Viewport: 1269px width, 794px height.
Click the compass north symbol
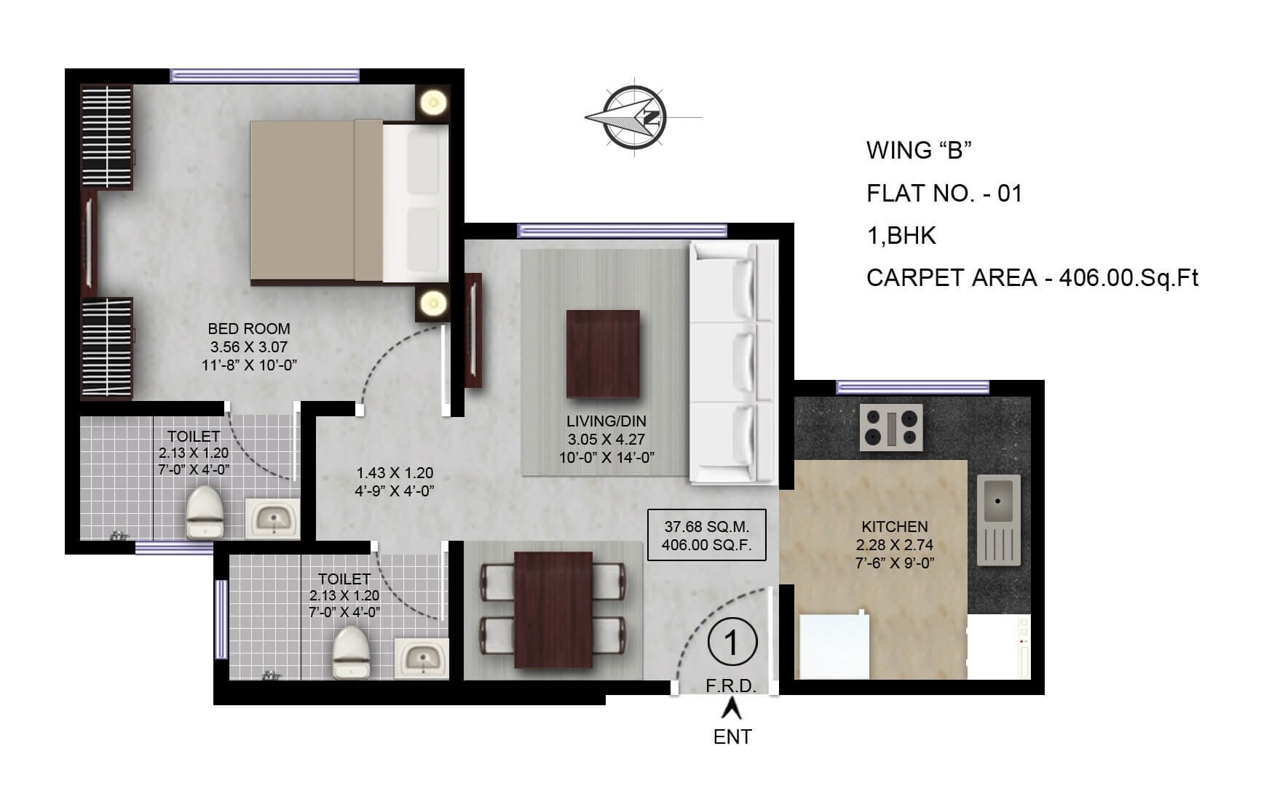[636, 117]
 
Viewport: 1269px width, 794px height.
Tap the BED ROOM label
[248, 329]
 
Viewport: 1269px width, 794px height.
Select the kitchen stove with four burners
[891, 427]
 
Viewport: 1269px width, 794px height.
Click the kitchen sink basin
[999, 501]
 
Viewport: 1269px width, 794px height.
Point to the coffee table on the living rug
[603, 354]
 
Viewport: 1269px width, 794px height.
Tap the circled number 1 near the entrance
[732, 643]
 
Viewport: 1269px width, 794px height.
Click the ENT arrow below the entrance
[732, 708]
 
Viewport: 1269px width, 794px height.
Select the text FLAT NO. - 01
[944, 194]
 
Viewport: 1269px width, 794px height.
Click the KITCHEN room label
[894, 526]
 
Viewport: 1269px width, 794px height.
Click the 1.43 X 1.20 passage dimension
[394, 473]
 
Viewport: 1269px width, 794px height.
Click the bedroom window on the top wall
[264, 76]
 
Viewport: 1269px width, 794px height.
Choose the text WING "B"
[919, 151]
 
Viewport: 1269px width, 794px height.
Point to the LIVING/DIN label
[606, 421]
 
